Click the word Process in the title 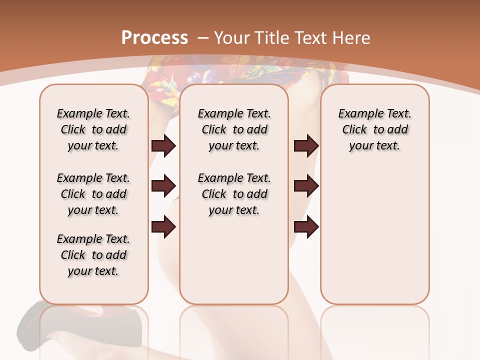coord(154,37)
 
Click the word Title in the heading coord(272,37)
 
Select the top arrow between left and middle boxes coord(163,145)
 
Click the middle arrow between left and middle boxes coord(163,186)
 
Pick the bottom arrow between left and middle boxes coord(163,226)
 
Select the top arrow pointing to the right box coord(306,145)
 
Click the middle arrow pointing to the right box coord(306,186)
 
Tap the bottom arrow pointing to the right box coord(306,226)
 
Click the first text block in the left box coord(93,129)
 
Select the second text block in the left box coord(93,194)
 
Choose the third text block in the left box coord(93,255)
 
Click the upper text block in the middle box coord(234,129)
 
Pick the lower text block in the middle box coord(234,194)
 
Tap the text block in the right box coord(375,129)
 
